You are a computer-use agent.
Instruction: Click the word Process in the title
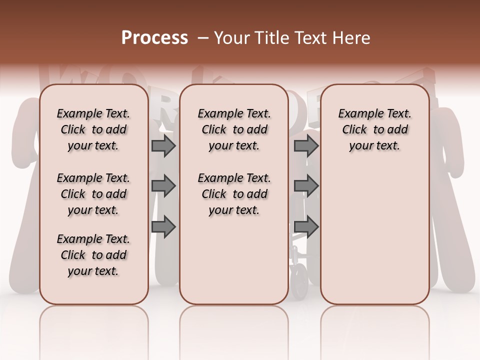[x=154, y=38]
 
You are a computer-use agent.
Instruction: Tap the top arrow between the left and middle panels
[x=163, y=145]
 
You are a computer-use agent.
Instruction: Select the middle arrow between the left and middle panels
[x=163, y=186]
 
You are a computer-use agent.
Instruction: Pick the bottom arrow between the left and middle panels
[x=163, y=226]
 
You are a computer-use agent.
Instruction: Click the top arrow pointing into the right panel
[x=306, y=145]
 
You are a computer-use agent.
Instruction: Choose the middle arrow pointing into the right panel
[x=306, y=186]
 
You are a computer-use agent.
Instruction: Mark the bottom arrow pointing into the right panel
[x=306, y=226]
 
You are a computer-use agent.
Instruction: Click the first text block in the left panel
[x=93, y=129]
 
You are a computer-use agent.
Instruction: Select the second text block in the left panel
[x=93, y=194]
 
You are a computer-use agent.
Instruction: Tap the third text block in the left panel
[x=93, y=255]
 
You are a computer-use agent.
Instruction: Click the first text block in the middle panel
[x=234, y=129]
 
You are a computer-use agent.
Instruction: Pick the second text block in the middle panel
[x=234, y=194]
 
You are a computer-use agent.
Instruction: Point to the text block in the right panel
[x=374, y=129]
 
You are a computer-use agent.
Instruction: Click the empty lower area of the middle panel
[x=234, y=260]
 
